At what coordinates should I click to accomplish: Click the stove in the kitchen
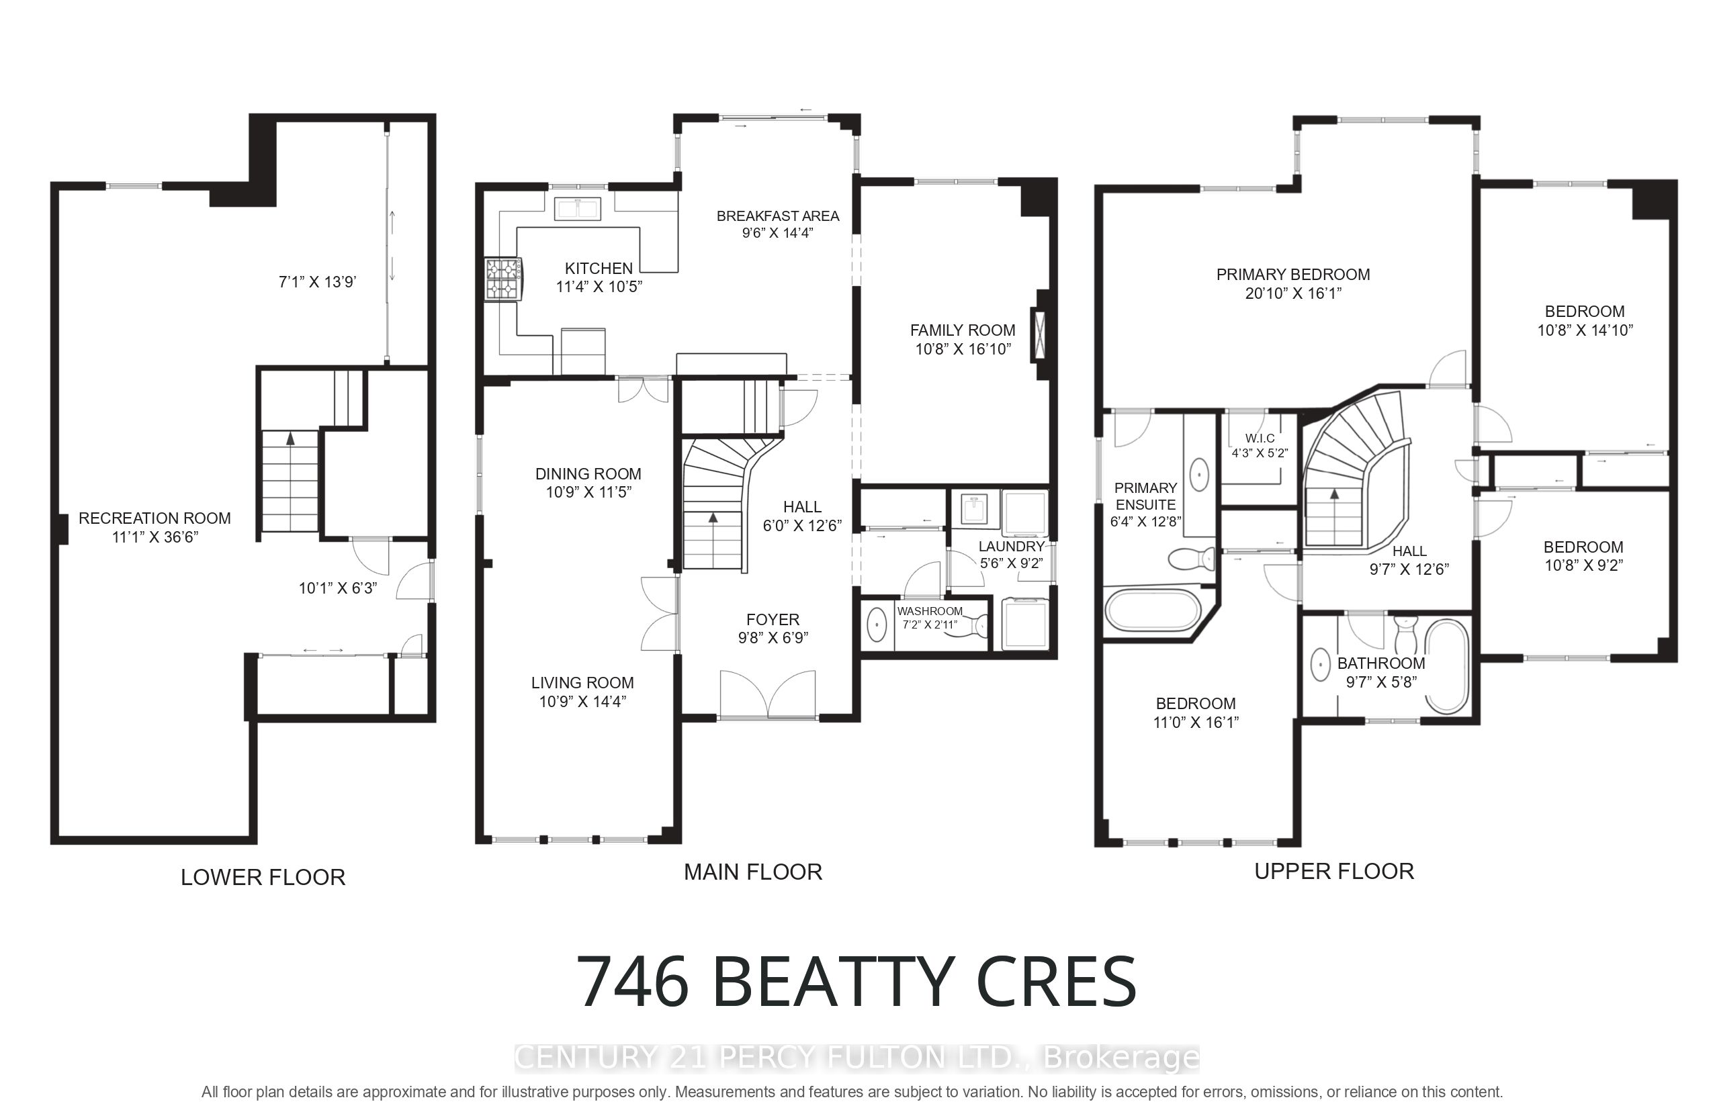point(503,279)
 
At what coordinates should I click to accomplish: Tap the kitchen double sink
point(578,209)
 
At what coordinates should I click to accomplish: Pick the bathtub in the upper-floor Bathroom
point(1447,666)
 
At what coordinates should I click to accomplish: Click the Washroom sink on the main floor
point(877,625)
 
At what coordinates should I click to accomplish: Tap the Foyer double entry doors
point(768,695)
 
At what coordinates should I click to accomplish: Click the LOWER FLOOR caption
point(263,877)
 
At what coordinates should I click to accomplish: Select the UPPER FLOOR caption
point(1333,872)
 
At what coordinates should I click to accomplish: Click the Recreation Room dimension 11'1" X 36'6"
point(155,537)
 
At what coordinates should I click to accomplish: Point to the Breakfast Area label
point(777,216)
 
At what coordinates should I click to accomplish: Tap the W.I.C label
point(1260,438)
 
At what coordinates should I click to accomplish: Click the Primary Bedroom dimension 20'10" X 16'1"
point(1293,293)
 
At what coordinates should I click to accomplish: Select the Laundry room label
point(1011,546)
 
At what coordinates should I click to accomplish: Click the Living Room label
point(582,683)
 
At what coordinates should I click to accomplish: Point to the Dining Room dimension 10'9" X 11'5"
point(588,492)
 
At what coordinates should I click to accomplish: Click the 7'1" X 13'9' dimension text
point(317,282)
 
